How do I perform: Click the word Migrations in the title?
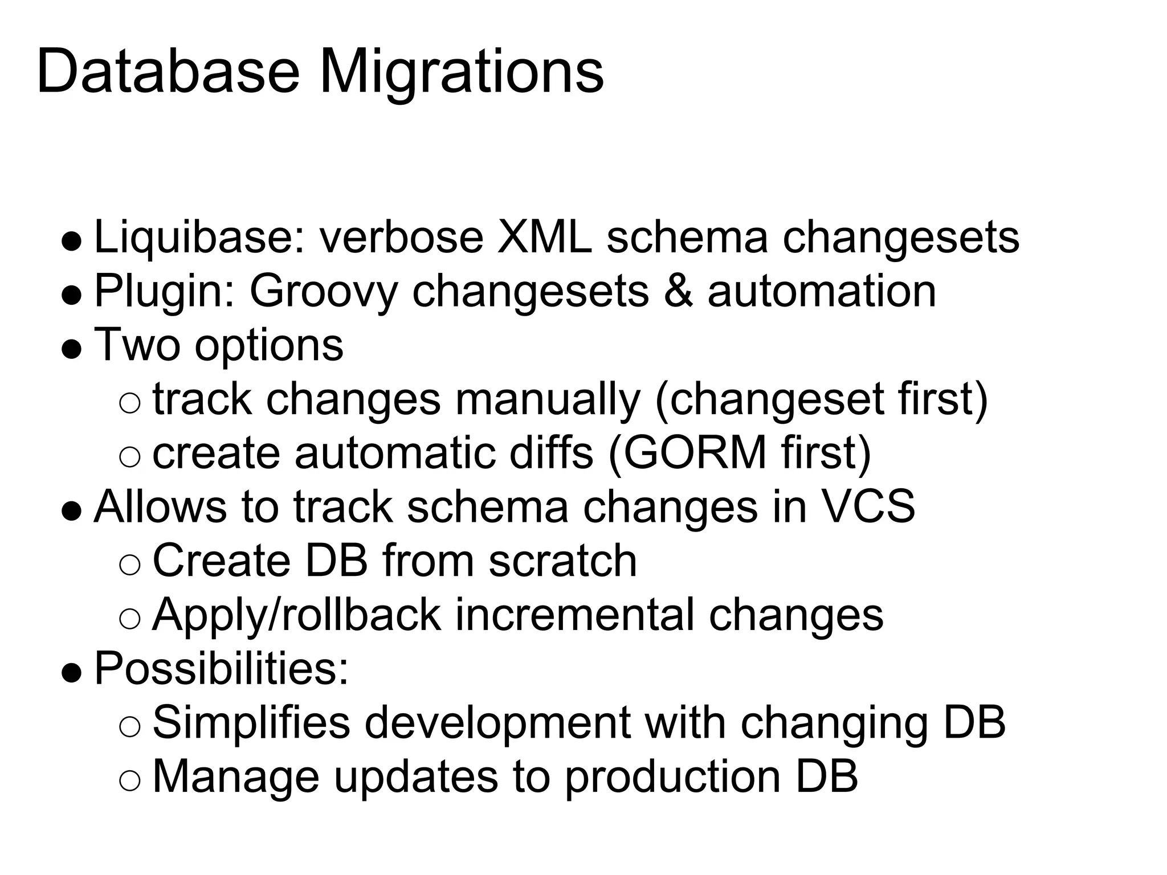pyautogui.click(x=461, y=73)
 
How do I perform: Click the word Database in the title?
pyautogui.click(x=168, y=73)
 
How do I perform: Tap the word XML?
pyautogui.click(x=544, y=238)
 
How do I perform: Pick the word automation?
pyautogui.click(x=822, y=292)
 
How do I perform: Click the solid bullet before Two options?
pyautogui.click(x=72, y=349)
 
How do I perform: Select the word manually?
pyautogui.click(x=548, y=399)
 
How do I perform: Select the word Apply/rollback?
pyautogui.click(x=296, y=615)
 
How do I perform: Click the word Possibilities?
pyautogui.click(x=221, y=668)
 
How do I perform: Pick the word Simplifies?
pyautogui.click(x=251, y=722)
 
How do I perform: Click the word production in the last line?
pyautogui.click(x=672, y=776)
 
